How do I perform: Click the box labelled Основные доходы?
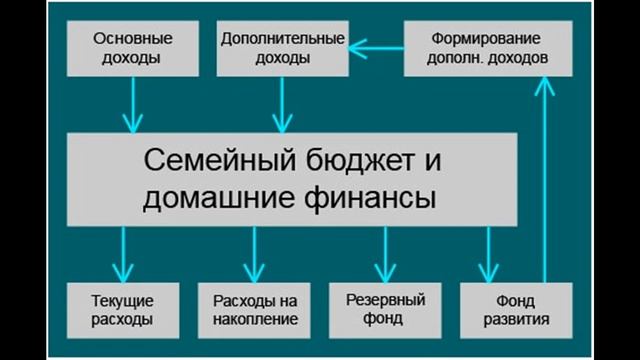click(132, 48)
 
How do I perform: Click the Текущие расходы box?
click(124, 310)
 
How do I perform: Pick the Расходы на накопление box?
click(255, 310)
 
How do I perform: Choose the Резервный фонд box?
click(385, 310)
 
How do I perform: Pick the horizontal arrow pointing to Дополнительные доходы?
click(375, 45)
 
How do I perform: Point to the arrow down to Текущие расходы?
click(124, 254)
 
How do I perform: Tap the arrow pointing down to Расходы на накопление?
click(255, 254)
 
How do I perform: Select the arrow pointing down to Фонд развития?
click(490, 254)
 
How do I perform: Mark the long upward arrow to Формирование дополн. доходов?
click(545, 180)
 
